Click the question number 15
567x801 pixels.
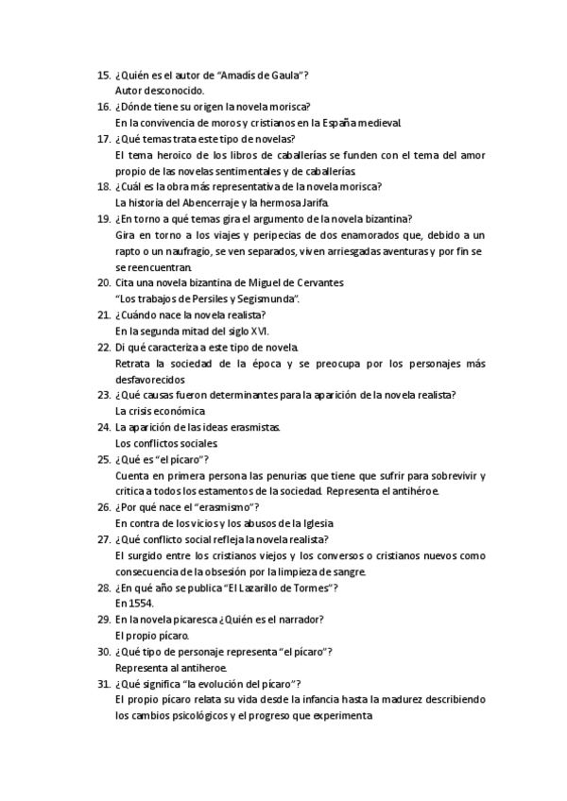click(103, 75)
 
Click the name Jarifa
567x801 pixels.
click(311, 202)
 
